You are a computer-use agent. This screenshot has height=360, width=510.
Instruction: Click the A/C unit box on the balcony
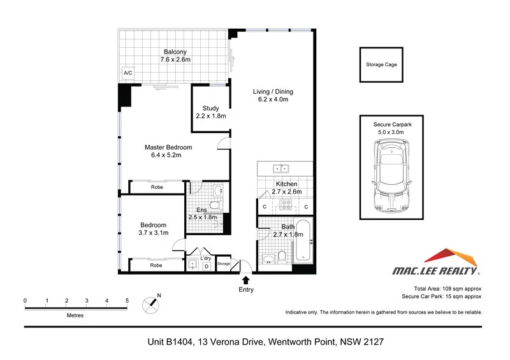(128, 73)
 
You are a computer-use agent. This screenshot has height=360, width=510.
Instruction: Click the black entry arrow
(246, 279)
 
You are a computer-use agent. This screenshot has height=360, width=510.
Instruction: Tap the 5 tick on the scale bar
(127, 299)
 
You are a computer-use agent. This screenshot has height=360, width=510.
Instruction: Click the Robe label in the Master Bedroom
(156, 187)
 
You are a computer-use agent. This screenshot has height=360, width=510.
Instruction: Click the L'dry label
(206, 257)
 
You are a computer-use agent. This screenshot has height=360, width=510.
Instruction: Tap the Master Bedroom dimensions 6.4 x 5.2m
(168, 155)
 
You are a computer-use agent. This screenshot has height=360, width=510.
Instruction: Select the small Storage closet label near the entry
(222, 263)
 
